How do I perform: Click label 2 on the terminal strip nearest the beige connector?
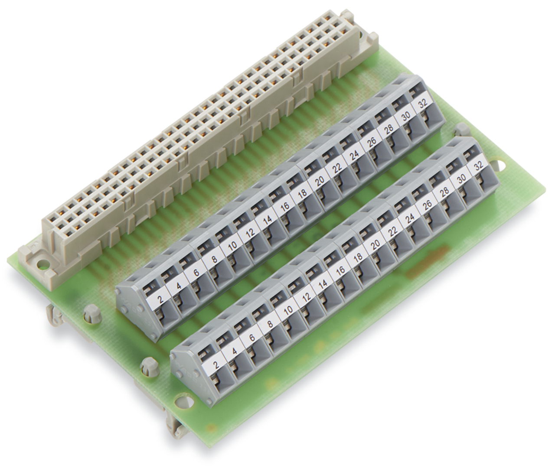click(x=161, y=299)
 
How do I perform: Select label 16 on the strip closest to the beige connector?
click(x=285, y=206)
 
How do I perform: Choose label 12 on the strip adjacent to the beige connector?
click(x=250, y=232)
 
